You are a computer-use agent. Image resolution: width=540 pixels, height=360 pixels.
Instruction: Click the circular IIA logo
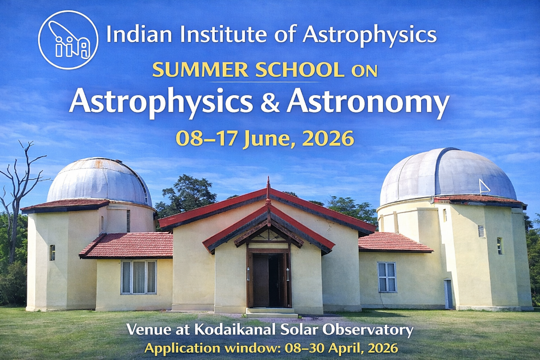pos(68,40)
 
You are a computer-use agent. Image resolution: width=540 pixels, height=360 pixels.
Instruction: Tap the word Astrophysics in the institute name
pos(369,35)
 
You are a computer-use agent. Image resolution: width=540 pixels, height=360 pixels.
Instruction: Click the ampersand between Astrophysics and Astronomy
pos(269,102)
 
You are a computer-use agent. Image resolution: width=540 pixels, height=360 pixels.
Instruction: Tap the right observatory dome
pos(448,176)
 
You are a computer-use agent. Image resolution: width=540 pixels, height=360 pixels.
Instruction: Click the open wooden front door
pos(269,280)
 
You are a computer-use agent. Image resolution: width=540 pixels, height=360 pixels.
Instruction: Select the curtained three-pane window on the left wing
pos(139,277)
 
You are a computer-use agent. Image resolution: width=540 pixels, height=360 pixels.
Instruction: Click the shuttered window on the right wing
pos(387,277)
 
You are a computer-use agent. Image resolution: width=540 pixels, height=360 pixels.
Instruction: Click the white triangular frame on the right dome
pos(484,187)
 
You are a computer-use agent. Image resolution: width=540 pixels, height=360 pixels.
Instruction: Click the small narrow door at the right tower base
pos(448,293)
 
